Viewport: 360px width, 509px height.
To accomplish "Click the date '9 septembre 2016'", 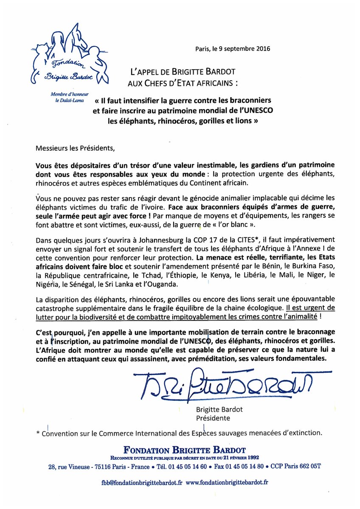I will click(242, 48).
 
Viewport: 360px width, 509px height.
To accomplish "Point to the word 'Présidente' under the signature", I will click(213, 418).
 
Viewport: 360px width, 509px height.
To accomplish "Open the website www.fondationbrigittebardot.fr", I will click(227, 482).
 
